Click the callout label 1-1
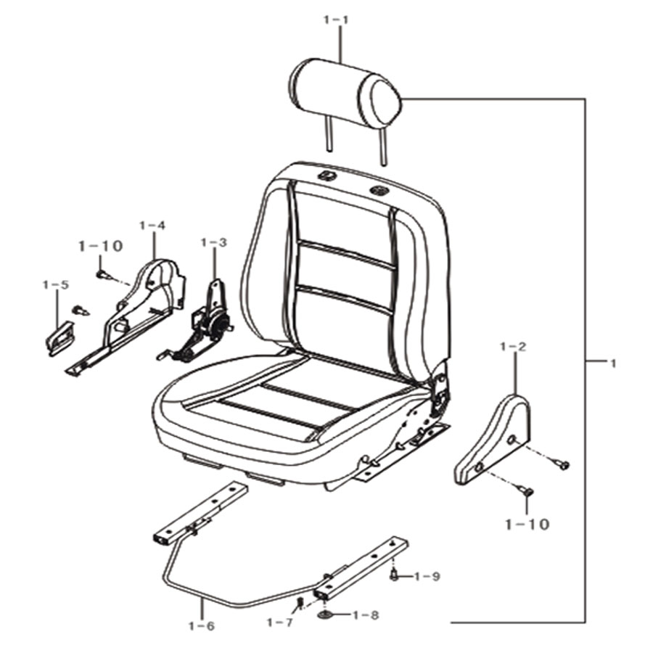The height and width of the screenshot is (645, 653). click(x=336, y=20)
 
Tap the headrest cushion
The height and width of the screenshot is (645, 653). click(x=350, y=92)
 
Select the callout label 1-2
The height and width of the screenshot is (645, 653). click(x=514, y=346)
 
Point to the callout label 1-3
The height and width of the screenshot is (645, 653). click(x=213, y=242)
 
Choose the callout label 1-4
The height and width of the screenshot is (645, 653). click(x=152, y=225)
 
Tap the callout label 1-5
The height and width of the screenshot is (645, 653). click(x=55, y=285)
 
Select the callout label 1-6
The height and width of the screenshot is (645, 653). click(x=202, y=626)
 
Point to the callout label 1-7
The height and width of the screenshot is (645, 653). click(x=280, y=623)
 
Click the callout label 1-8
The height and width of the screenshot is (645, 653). click(x=366, y=615)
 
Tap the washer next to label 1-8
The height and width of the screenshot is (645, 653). click(x=325, y=615)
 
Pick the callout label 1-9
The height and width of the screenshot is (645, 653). click(x=427, y=577)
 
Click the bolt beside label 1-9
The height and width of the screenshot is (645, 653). click(x=393, y=575)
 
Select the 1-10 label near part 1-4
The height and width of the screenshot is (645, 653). click(x=100, y=246)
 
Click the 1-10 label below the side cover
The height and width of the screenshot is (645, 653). click(x=527, y=525)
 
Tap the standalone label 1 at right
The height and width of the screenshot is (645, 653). click(x=612, y=363)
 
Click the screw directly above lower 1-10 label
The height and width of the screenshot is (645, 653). click(x=527, y=491)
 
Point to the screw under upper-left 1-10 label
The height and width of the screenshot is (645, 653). click(x=102, y=274)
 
